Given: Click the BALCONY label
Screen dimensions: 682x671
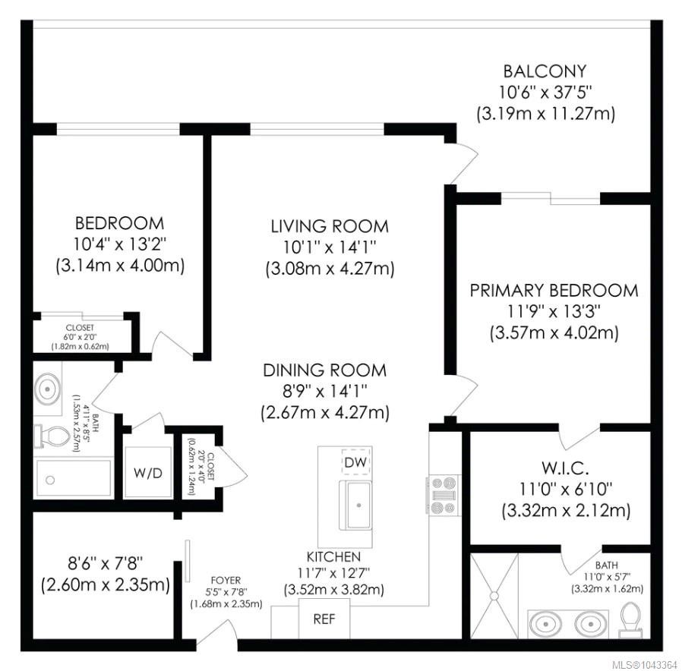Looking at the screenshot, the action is [x=545, y=71].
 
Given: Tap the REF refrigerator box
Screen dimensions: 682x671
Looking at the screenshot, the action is [x=324, y=619].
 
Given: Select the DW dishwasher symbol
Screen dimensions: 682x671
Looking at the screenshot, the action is [x=355, y=462].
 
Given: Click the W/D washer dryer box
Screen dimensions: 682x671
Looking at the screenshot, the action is [x=148, y=472].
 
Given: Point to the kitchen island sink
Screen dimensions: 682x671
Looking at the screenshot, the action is [x=355, y=505].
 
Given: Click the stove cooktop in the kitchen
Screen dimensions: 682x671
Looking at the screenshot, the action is [x=444, y=495].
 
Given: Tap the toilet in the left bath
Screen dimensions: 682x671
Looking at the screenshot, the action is [x=52, y=436].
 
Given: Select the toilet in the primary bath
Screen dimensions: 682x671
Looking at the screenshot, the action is [x=630, y=620].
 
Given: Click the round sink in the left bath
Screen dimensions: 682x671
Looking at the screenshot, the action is [x=48, y=389].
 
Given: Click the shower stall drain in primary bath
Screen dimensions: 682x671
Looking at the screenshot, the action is [x=494, y=595].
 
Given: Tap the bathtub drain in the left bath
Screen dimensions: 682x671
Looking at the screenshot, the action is [x=50, y=480].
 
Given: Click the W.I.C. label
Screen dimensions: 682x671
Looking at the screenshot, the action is [x=566, y=468].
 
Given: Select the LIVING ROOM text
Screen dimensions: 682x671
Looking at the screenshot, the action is [x=330, y=226].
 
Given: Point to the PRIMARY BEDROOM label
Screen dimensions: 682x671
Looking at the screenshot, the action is [x=554, y=290].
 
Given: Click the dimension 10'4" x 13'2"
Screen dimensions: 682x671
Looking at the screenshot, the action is [x=120, y=244].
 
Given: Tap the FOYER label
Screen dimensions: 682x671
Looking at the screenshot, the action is [x=226, y=580].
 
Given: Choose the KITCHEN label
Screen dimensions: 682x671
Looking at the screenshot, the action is [x=333, y=556].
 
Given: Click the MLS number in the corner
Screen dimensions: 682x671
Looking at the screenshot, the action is [x=645, y=665].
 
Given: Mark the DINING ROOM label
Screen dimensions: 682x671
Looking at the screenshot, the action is [x=325, y=370].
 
